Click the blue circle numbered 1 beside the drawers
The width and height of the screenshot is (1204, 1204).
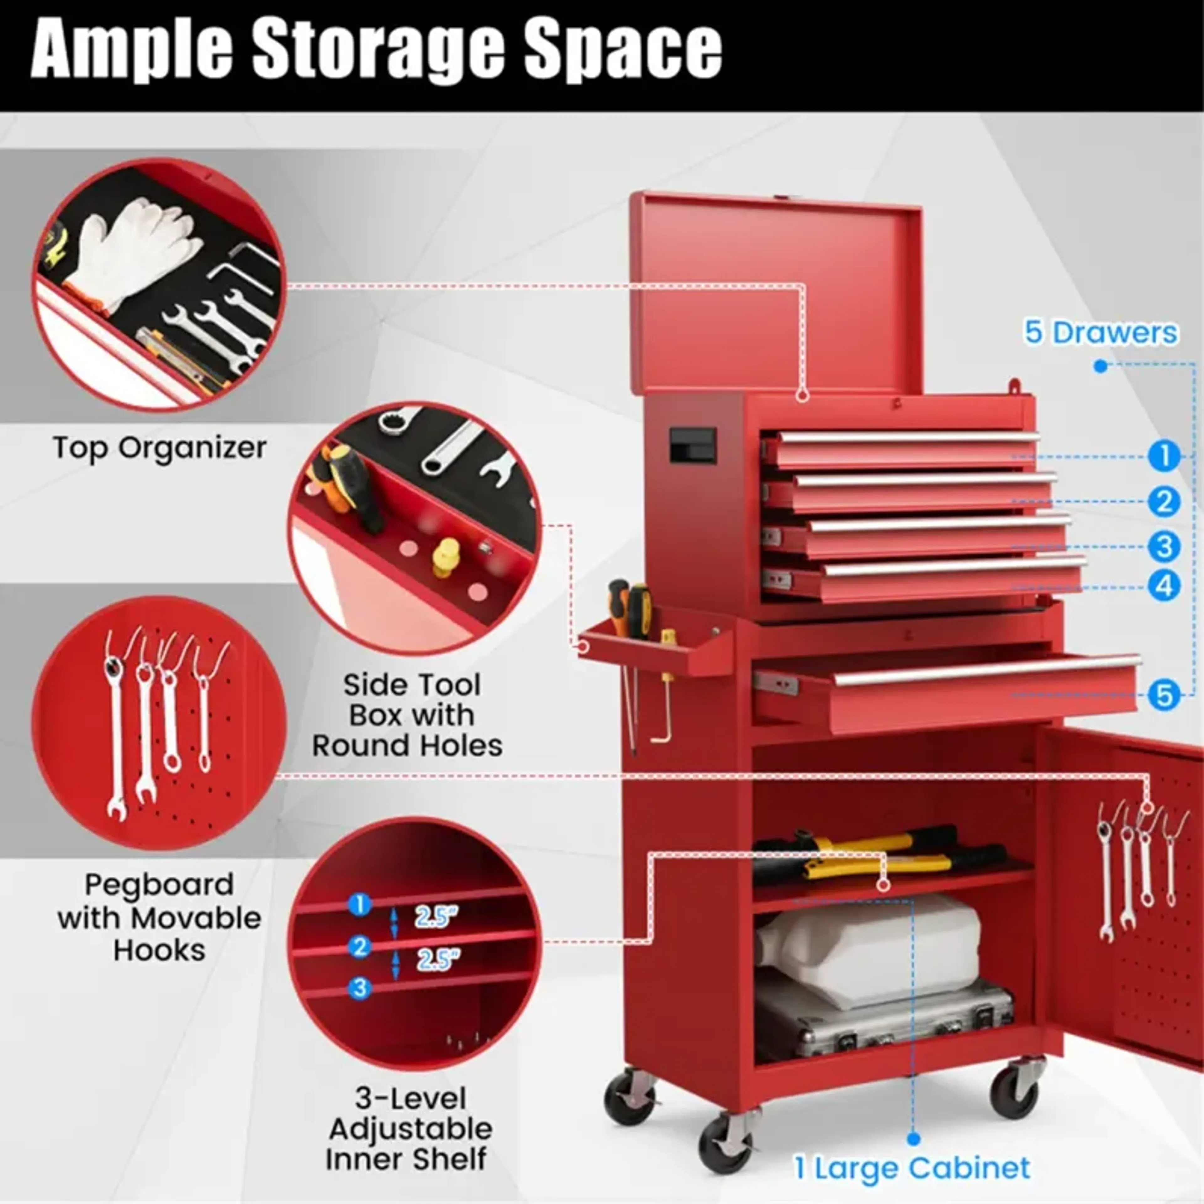[x=1163, y=456]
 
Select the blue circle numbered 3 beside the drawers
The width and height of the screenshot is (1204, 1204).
[x=1163, y=547]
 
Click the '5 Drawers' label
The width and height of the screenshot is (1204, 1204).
[x=1101, y=332]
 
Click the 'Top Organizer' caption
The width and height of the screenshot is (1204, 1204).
[x=160, y=447]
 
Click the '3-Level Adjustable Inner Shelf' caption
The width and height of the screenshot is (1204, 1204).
[x=409, y=1129]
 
